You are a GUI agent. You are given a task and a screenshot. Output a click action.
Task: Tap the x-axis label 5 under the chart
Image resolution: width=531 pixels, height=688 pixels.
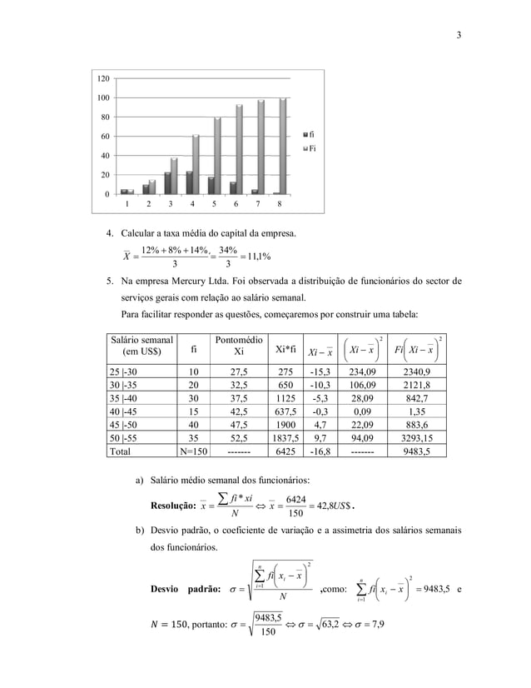pos(214,203)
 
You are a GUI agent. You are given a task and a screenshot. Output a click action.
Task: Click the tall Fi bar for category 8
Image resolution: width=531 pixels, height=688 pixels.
pos(283,146)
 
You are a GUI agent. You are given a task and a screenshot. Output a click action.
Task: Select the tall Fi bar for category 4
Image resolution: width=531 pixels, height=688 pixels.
pos(196,164)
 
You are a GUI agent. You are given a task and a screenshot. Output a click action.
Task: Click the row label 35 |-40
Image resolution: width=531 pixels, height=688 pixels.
pos(124,398)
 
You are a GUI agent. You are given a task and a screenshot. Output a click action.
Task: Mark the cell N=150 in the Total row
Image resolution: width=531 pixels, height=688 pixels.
pos(194,451)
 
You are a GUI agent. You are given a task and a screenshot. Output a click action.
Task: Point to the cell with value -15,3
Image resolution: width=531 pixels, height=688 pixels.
pos(322,371)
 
